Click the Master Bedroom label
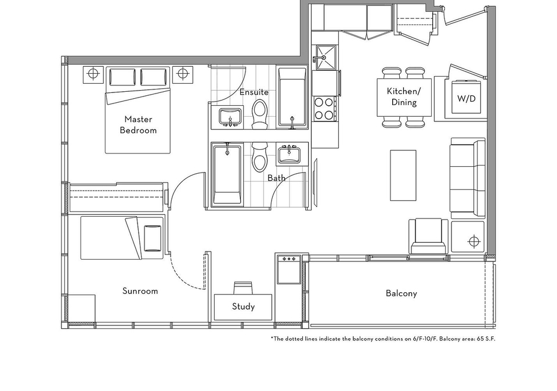tap(138, 124)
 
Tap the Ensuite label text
tap(254, 92)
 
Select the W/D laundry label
tap(466, 98)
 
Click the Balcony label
tap(402, 293)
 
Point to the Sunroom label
tap(140, 291)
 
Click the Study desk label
tap(243, 307)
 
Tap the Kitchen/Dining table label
tap(404, 97)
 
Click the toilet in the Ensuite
tap(260, 114)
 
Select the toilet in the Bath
tap(260, 156)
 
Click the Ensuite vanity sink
tap(230, 117)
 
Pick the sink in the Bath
tap(289, 154)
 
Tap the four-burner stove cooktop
tap(325, 109)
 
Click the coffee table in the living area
tap(403, 175)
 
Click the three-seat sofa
tap(468, 178)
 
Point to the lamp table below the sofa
tap(468, 237)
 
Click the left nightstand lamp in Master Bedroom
tap(93, 74)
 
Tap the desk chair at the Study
tap(243, 288)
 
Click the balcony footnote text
tap(383, 339)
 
